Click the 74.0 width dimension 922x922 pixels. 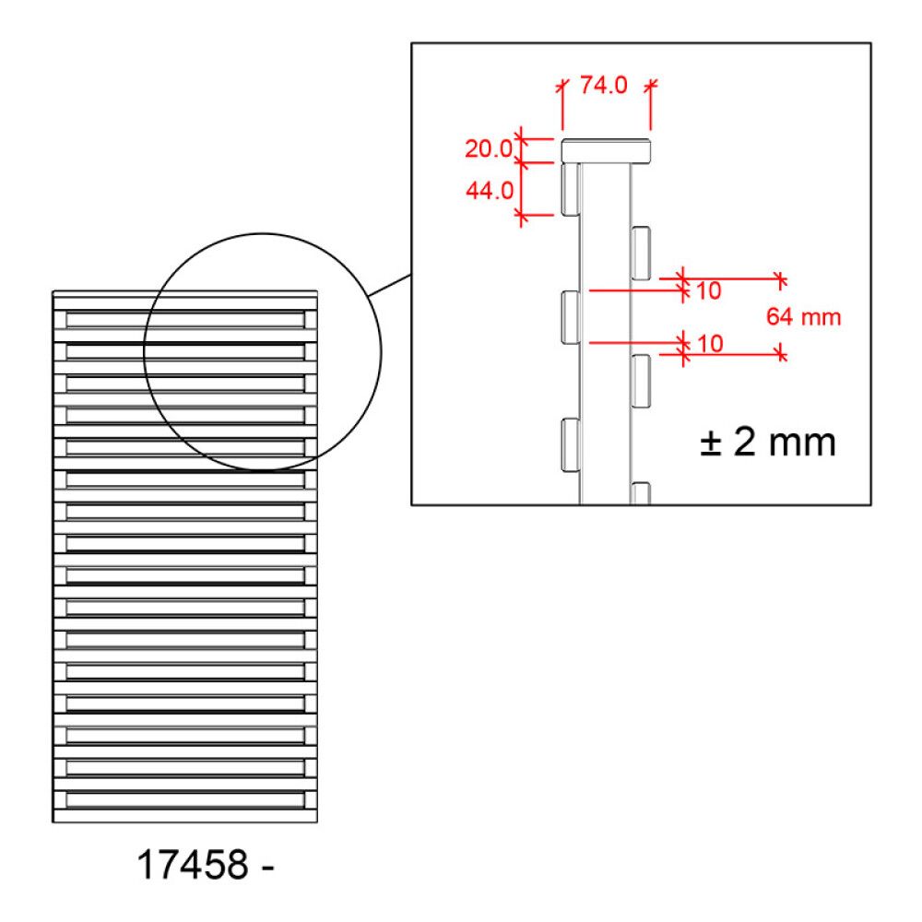(x=603, y=85)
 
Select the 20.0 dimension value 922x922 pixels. (x=489, y=148)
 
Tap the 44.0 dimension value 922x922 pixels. (x=490, y=191)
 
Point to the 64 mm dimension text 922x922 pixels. (x=803, y=317)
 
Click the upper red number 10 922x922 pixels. (x=708, y=290)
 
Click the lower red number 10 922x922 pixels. (x=710, y=344)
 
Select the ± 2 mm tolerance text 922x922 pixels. (x=767, y=443)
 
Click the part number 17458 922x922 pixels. (x=193, y=865)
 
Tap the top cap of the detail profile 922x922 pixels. (x=606, y=150)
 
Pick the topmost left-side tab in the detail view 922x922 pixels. (x=571, y=189)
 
